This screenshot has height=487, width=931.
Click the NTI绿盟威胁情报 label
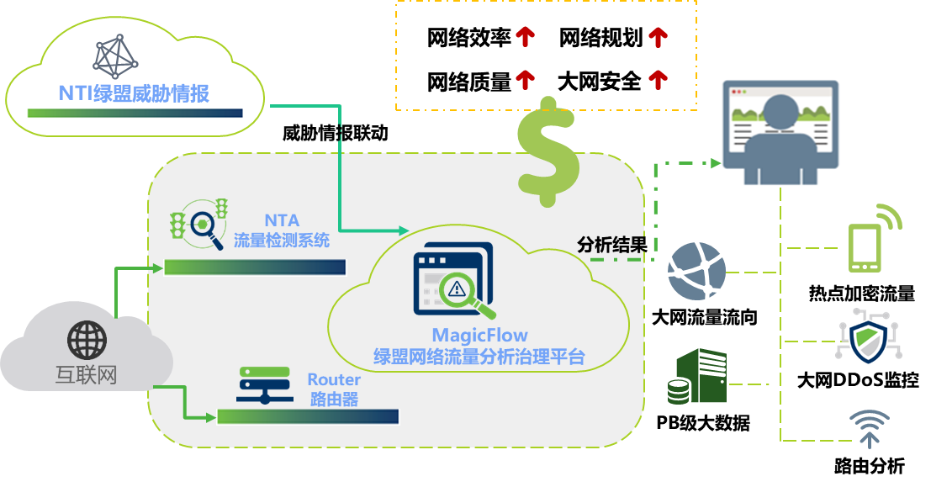(134, 93)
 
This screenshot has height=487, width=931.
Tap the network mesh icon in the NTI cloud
(118, 57)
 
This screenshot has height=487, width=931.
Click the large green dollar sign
(547, 151)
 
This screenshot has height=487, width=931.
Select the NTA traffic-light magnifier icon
(200, 222)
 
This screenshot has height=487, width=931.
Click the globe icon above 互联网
(87, 341)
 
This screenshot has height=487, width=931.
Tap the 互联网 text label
(87, 375)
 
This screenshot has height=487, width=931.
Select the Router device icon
(263, 385)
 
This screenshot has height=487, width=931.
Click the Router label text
(334, 380)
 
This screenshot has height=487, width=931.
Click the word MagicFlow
(479, 336)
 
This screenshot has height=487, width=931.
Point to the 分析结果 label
(611, 245)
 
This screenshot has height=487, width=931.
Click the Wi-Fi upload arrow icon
(869, 428)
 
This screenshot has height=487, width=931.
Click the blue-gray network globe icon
(696, 271)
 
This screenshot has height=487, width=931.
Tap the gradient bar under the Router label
(308, 416)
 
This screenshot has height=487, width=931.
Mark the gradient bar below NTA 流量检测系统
(255, 267)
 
